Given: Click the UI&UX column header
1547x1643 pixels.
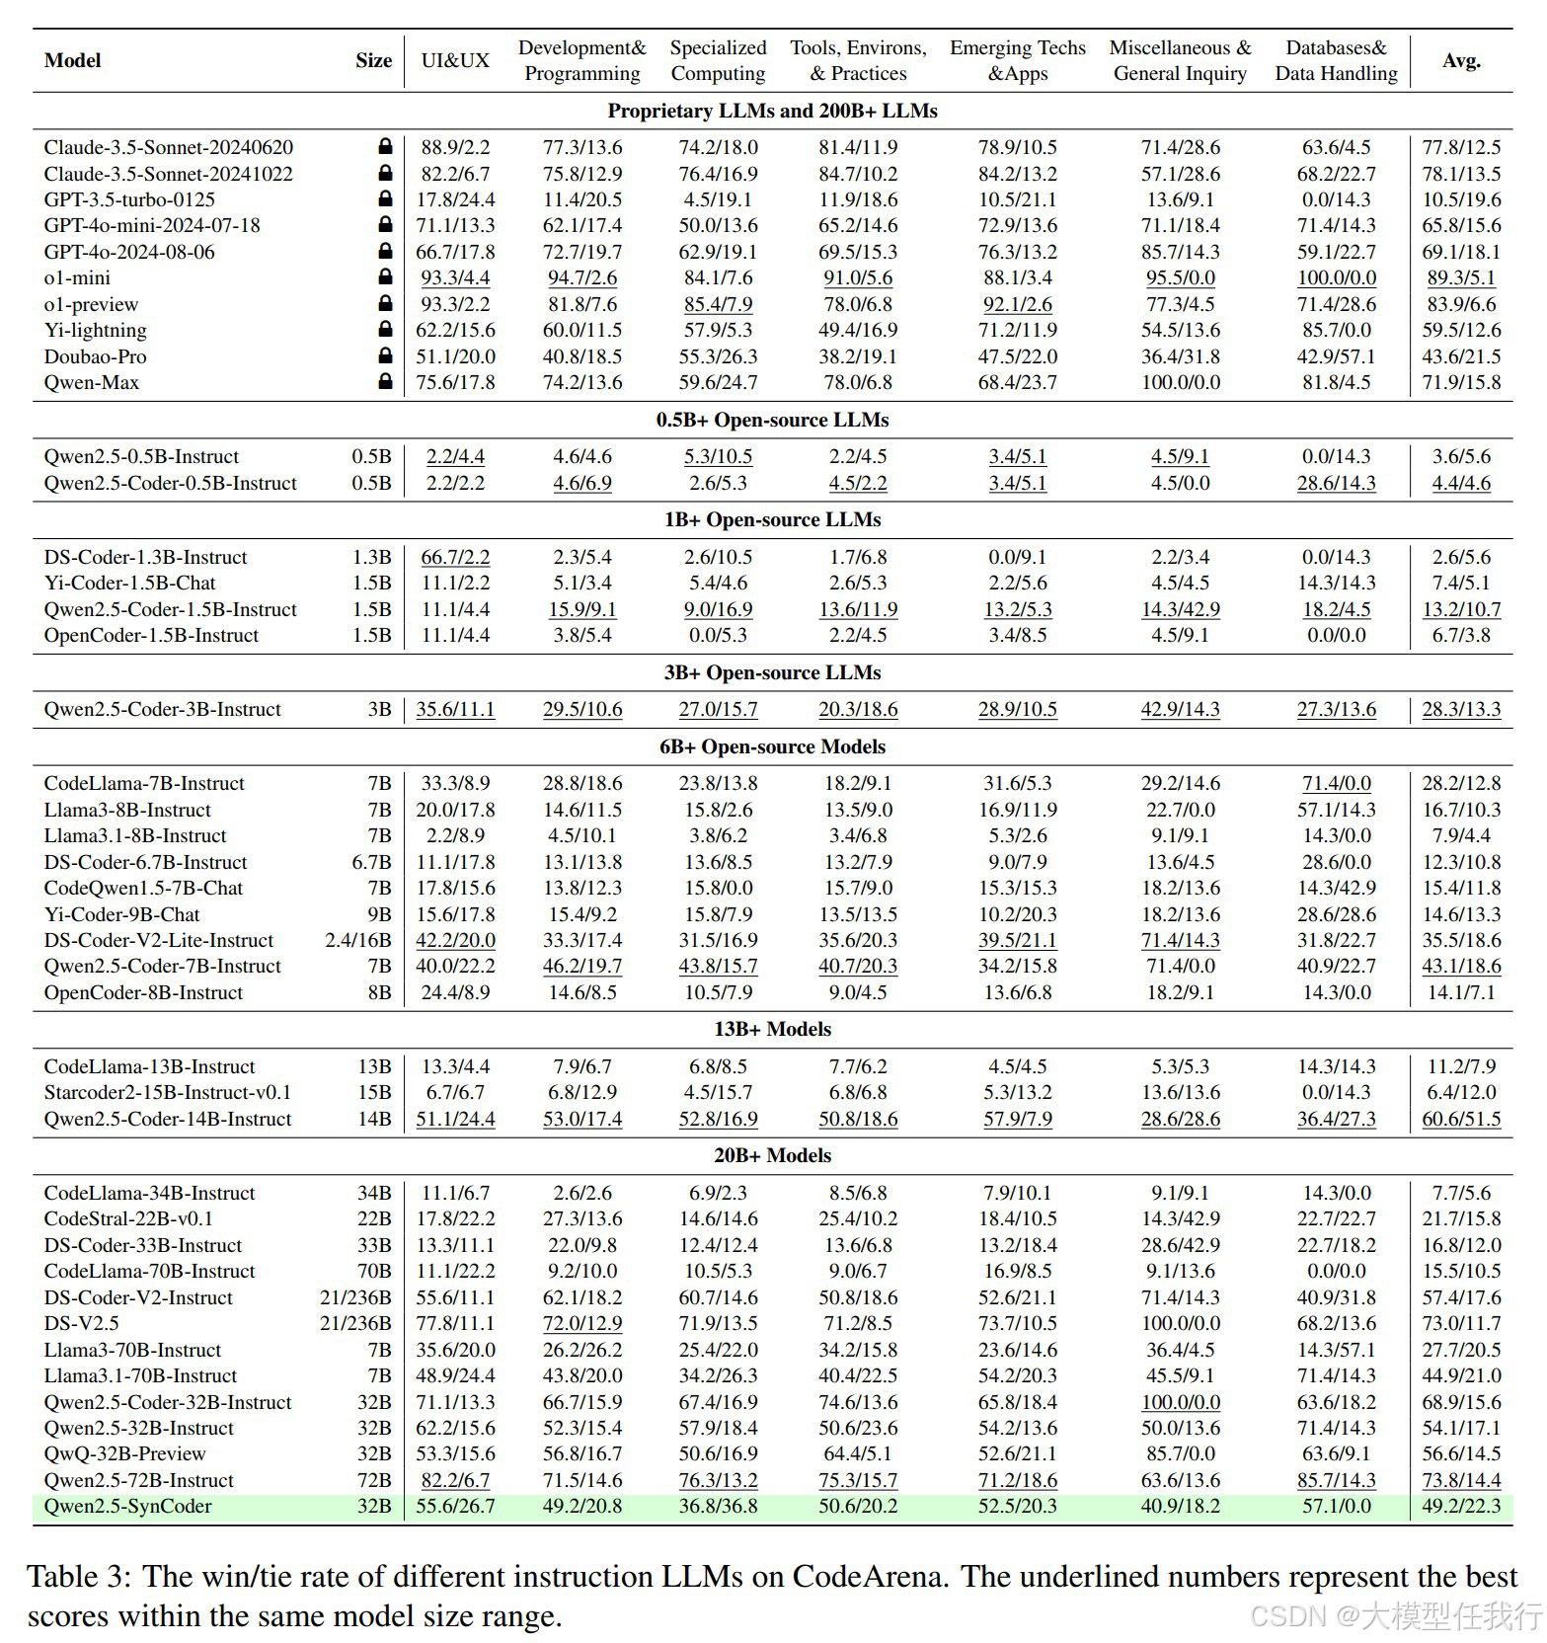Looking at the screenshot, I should (x=455, y=60).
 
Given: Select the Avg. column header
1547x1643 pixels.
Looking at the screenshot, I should (x=1461, y=60).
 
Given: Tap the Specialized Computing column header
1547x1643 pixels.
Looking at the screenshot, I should (x=718, y=60).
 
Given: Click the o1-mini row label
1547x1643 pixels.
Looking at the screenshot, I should (x=77, y=278).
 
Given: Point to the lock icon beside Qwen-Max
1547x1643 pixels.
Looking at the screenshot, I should (x=385, y=382).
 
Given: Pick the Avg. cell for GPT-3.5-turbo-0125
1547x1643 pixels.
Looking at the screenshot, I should (x=1461, y=199).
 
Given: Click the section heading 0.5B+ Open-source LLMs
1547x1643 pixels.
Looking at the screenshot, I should (x=772, y=420).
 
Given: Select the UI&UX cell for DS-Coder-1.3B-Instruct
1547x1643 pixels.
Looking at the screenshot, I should (x=455, y=557).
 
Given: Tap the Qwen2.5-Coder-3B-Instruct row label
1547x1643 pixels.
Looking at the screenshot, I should (x=162, y=709).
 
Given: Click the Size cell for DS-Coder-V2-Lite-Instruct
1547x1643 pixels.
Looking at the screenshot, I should (x=358, y=940).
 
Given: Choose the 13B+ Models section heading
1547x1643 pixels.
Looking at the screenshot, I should (x=772, y=1029).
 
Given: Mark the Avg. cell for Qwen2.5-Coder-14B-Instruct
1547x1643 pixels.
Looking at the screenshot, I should (x=1461, y=1119).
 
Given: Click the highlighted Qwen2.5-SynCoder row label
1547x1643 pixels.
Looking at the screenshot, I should (x=127, y=1506).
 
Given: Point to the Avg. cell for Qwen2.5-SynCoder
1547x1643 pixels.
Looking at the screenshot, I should (x=1461, y=1506).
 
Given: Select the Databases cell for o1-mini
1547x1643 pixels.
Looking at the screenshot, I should (x=1336, y=278).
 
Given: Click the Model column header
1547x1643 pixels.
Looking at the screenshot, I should (x=72, y=60).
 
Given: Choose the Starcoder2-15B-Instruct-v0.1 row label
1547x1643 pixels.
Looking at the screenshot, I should (x=167, y=1092).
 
